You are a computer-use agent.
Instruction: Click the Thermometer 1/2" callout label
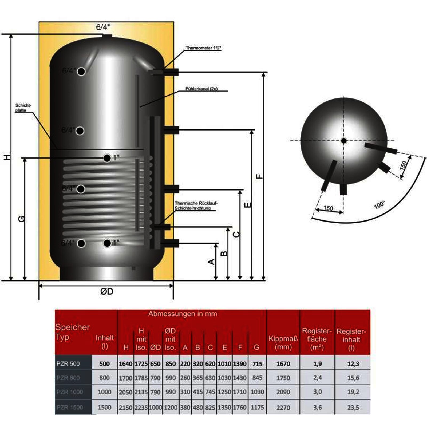(203, 48)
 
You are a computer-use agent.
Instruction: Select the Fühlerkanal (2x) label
(201, 89)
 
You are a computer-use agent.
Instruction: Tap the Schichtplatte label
(23, 108)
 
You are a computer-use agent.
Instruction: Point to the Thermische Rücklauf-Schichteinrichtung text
(196, 206)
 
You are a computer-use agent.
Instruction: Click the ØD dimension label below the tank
(107, 291)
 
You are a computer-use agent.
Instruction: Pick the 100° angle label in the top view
(379, 205)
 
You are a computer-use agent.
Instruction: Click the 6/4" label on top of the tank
(103, 27)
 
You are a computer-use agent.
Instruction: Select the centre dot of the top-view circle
(344, 141)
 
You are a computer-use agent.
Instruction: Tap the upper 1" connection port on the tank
(107, 158)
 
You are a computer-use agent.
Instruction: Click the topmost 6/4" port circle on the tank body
(81, 72)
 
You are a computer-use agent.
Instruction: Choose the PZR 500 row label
(68, 364)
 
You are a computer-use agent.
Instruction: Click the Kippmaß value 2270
(283, 408)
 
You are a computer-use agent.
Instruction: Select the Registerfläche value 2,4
(317, 378)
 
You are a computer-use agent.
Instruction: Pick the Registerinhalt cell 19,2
(353, 392)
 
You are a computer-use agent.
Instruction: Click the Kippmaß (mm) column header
(283, 343)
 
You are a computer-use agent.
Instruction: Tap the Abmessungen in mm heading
(183, 314)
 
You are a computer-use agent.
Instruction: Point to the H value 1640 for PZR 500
(125, 364)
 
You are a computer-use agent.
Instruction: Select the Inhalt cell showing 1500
(104, 407)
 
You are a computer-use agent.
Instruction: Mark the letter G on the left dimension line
(21, 219)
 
